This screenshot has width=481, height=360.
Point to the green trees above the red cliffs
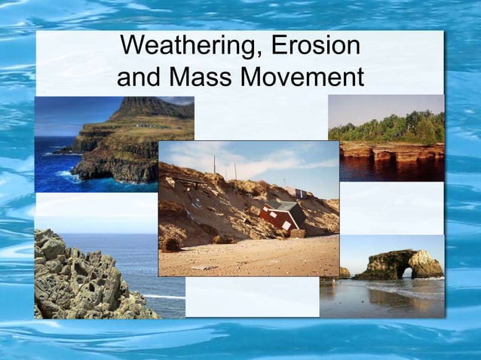(x=392, y=128)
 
